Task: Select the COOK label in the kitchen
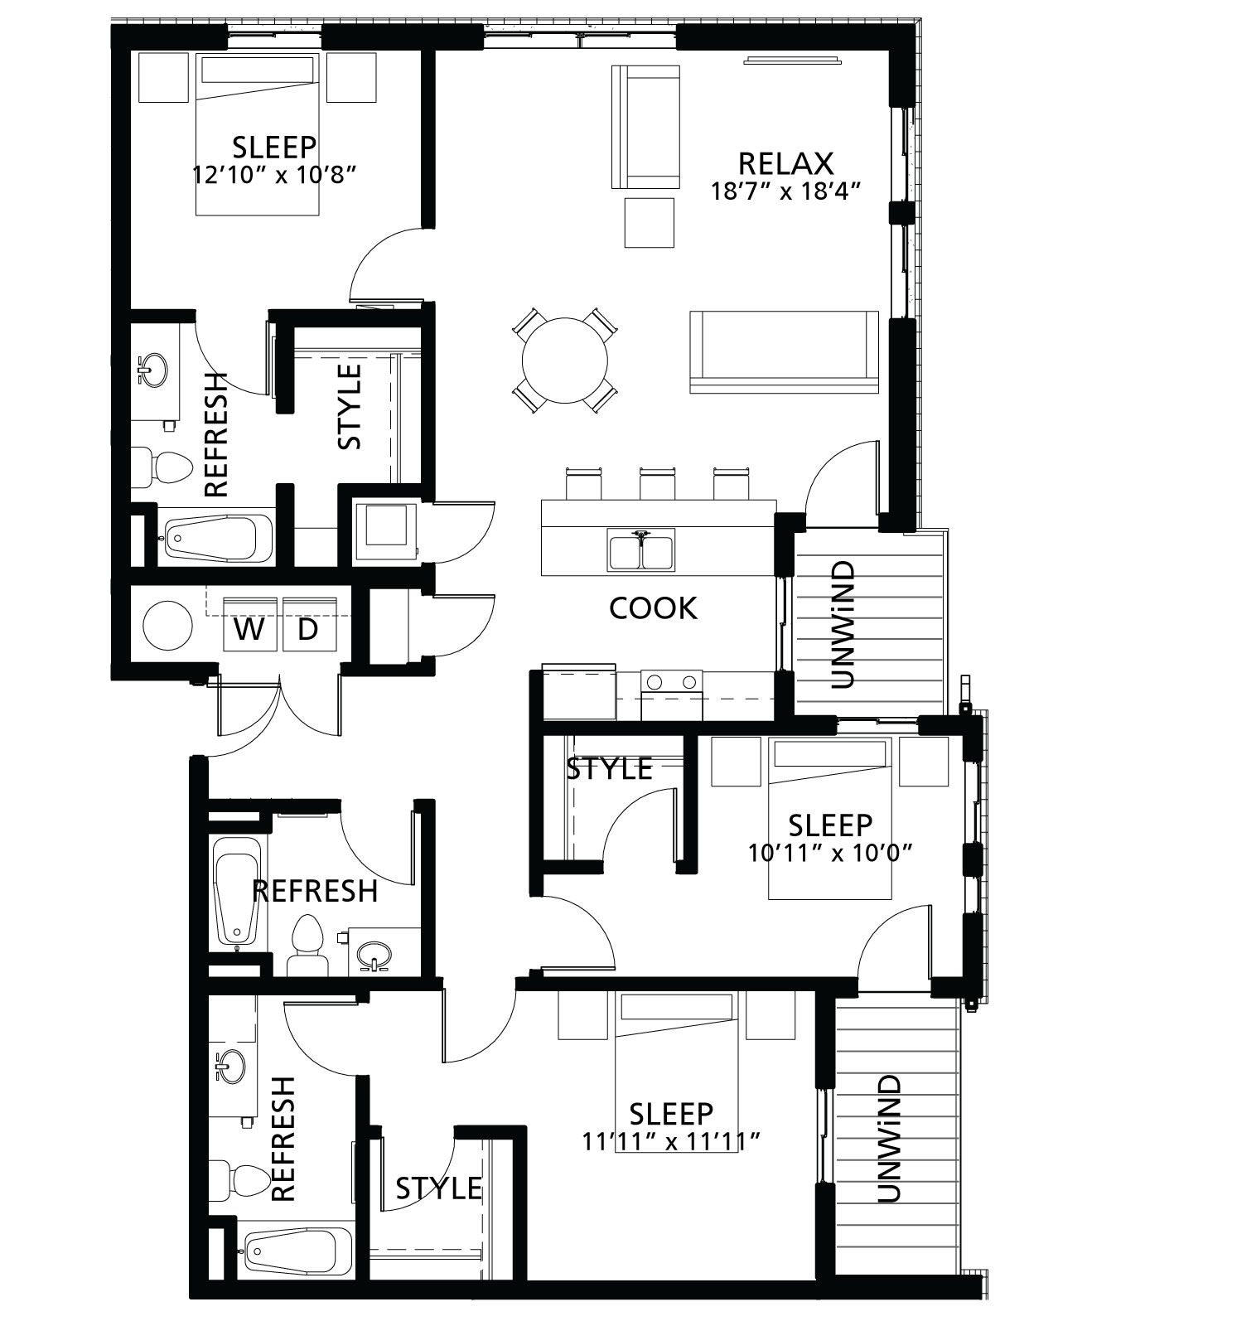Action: click(653, 608)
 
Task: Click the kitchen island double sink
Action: click(641, 550)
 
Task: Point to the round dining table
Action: click(565, 361)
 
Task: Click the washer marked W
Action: click(250, 629)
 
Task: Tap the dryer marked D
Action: click(307, 629)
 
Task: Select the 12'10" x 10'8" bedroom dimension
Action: click(274, 175)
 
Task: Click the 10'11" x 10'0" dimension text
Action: click(830, 853)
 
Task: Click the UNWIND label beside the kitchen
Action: click(842, 625)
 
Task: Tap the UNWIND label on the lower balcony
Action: click(887, 1140)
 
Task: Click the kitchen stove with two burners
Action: click(671, 682)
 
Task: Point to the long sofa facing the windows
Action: click(784, 351)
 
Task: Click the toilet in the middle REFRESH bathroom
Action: click(307, 944)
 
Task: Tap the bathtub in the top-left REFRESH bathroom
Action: click(218, 539)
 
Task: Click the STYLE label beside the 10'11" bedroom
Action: click(609, 769)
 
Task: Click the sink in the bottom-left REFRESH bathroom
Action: click(229, 1064)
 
